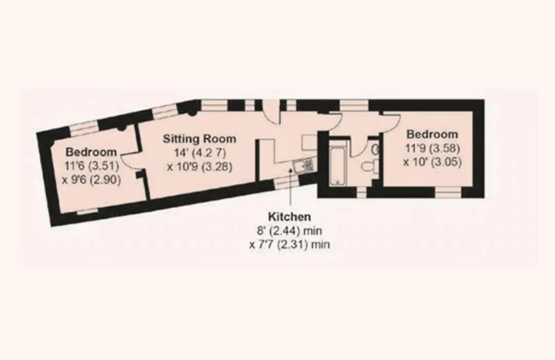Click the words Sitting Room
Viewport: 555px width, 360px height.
[199, 139]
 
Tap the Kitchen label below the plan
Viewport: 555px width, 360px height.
[289, 217]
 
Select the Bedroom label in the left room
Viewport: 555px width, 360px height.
[91, 152]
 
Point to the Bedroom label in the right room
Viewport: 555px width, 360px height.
[432, 134]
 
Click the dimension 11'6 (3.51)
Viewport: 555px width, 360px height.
[91, 166]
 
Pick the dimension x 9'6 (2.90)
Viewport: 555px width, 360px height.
[91, 180]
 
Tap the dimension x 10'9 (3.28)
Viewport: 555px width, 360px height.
[199, 167]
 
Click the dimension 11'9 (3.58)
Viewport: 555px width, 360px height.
[433, 148]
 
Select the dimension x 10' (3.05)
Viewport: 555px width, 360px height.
[433, 162]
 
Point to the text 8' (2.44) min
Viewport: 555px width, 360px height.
[289, 231]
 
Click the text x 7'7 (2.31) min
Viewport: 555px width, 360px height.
[289, 244]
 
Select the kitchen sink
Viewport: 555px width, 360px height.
[303, 165]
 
